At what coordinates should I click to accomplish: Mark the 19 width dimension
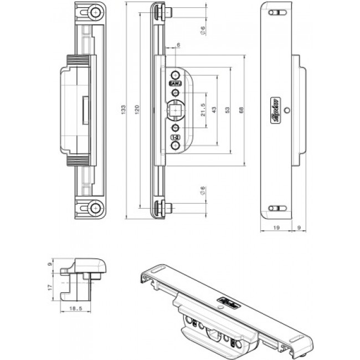click(x=275, y=227)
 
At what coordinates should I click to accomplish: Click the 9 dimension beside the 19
click(x=300, y=227)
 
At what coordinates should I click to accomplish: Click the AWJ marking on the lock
click(x=174, y=84)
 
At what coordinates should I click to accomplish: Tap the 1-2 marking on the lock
click(x=174, y=137)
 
